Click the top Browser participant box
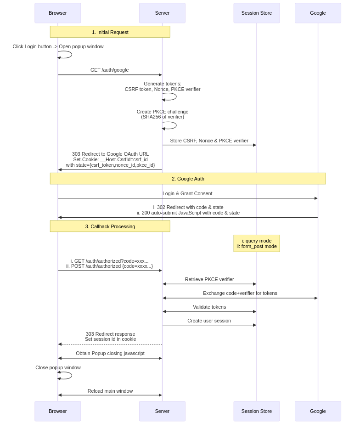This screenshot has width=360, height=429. click(x=58, y=13)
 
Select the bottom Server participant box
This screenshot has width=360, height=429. click(x=162, y=411)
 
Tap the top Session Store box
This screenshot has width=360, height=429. click(x=257, y=13)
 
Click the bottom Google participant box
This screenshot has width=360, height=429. click(x=318, y=411)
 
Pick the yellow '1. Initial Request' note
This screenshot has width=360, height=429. click(x=110, y=32)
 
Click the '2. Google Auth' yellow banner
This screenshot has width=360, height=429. click(x=188, y=179)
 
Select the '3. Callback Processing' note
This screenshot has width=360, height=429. click(x=110, y=226)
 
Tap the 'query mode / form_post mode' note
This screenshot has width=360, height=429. click(x=257, y=243)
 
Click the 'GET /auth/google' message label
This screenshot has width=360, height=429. click(x=109, y=70)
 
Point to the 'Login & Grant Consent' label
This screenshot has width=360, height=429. click(x=187, y=193)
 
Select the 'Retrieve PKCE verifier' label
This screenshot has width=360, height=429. click(x=209, y=279)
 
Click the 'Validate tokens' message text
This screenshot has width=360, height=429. click(x=209, y=307)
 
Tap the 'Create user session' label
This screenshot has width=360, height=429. click(x=209, y=321)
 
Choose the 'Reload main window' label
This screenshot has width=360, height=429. click(x=110, y=391)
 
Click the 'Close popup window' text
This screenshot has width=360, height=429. click(x=58, y=367)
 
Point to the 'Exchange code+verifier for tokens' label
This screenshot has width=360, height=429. click(x=240, y=293)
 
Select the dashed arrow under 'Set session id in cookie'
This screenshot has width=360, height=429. click(x=110, y=344)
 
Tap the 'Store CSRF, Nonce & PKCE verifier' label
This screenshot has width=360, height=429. click(x=209, y=141)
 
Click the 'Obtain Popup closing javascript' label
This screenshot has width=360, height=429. click(x=110, y=353)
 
